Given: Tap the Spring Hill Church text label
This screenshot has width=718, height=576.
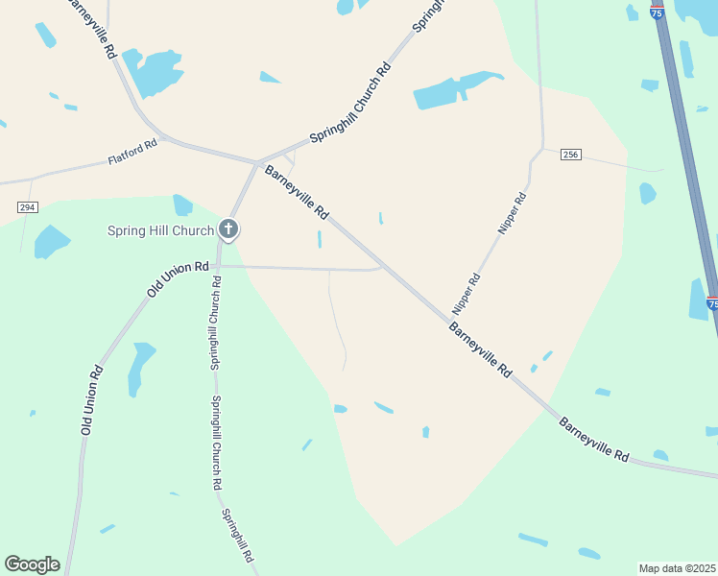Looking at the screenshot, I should pyautogui.click(x=159, y=230).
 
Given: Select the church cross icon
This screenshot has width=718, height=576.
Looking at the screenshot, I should pyautogui.click(x=228, y=229).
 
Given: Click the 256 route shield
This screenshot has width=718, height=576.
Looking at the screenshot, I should pyautogui.click(x=571, y=156).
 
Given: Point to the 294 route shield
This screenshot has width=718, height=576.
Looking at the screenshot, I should pyautogui.click(x=27, y=207).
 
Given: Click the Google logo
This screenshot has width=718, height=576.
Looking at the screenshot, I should pyautogui.click(x=32, y=564).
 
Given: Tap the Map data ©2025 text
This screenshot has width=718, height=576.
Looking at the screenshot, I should pyautogui.click(x=677, y=568).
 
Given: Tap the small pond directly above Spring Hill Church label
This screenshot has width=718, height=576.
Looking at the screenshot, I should pyautogui.click(x=182, y=204).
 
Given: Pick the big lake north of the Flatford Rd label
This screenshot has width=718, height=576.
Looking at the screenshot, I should pyautogui.click(x=154, y=72).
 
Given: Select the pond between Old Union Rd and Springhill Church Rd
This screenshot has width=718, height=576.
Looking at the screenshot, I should pyautogui.click(x=141, y=368).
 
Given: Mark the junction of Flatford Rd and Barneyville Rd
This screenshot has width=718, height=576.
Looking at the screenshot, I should pyautogui.click(x=165, y=139).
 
